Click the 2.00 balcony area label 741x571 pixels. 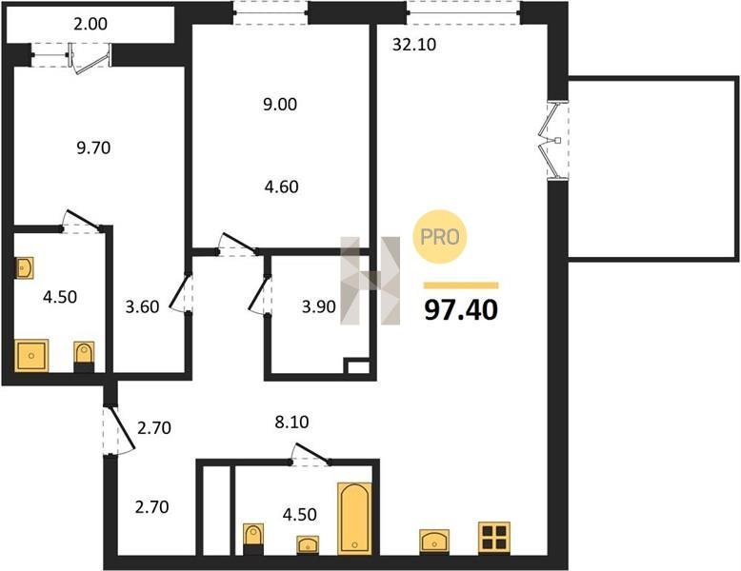(90, 24)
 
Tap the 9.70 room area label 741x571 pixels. (93, 148)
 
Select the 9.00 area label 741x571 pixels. (280, 105)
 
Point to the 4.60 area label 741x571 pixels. (282, 187)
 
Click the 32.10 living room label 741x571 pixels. (414, 45)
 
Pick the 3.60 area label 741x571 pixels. (142, 307)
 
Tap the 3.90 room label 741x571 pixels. (319, 307)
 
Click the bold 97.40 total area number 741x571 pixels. (461, 310)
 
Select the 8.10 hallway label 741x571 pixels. (292, 422)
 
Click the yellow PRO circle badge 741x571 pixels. (440, 237)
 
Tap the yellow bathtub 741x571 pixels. (354, 518)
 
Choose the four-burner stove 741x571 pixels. (494, 538)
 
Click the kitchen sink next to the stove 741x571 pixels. (434, 541)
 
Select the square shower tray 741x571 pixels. (31, 355)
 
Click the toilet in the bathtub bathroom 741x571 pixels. (253, 539)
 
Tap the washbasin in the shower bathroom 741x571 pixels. (24, 268)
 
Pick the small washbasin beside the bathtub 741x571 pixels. (308, 544)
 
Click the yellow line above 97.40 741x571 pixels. (461, 285)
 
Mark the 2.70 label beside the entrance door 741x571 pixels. (154, 428)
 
